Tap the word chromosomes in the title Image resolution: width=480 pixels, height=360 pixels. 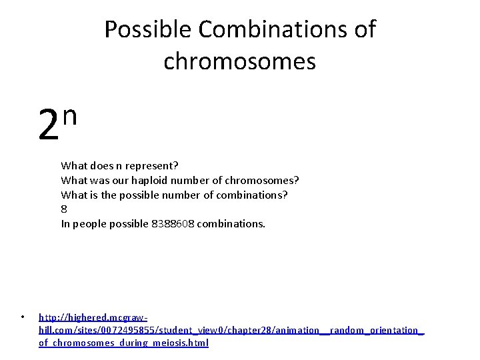[239, 61]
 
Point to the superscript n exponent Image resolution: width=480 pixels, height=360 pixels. [71, 115]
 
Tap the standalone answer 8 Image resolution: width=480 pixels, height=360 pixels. [64, 209]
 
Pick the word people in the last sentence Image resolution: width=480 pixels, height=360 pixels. [89, 224]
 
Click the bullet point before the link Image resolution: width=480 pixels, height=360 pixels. [22, 317]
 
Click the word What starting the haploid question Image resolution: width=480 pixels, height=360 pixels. [73, 180]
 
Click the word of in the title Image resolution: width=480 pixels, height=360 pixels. [366, 30]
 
